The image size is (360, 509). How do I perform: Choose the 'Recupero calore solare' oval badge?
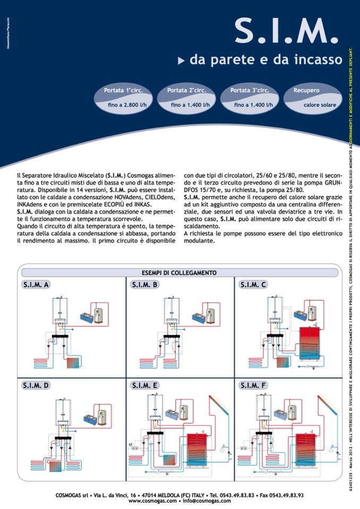(313, 98)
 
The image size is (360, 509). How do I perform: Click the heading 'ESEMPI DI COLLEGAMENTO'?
(179, 273)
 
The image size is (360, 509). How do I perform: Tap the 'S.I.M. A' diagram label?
(37, 285)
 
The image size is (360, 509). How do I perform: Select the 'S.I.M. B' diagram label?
(144, 285)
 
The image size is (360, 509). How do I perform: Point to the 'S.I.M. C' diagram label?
(253, 285)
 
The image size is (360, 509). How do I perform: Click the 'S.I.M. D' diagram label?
(37, 385)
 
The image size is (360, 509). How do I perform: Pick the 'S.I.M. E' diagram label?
(144, 385)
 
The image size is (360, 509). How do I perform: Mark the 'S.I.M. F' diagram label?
(253, 385)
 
